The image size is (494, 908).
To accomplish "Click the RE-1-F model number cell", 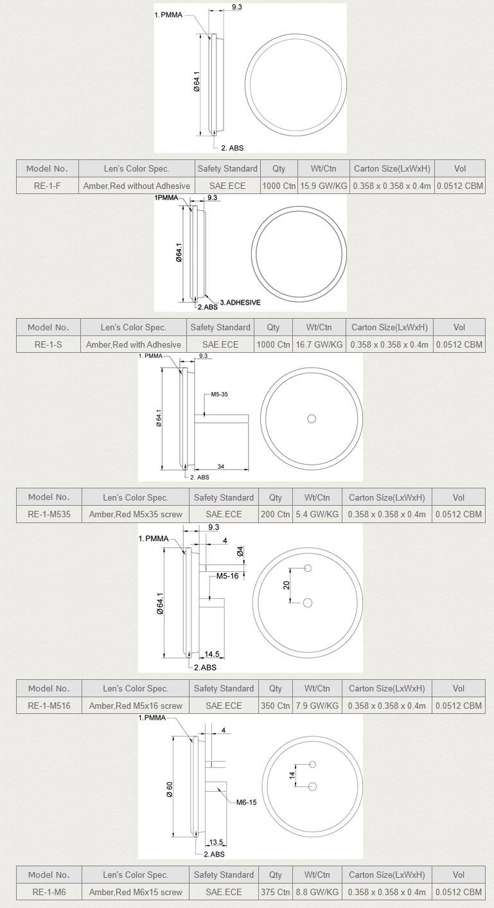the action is pos(48,186).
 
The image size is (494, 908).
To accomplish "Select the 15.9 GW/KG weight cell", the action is pos(323,186).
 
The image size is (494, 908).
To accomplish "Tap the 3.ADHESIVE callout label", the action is pos(240,303).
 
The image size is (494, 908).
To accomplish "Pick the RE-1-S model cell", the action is pos(48,344).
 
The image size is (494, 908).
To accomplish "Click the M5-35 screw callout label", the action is pos(219,394).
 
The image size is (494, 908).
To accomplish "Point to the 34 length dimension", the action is pos(221,466).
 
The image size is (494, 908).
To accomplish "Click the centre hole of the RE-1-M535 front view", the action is pos(312,419).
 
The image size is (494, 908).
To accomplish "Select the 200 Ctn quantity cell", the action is pos(275,514).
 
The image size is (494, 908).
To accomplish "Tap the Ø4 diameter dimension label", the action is pos(240,551).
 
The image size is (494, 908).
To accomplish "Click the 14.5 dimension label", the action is pos(211,654).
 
